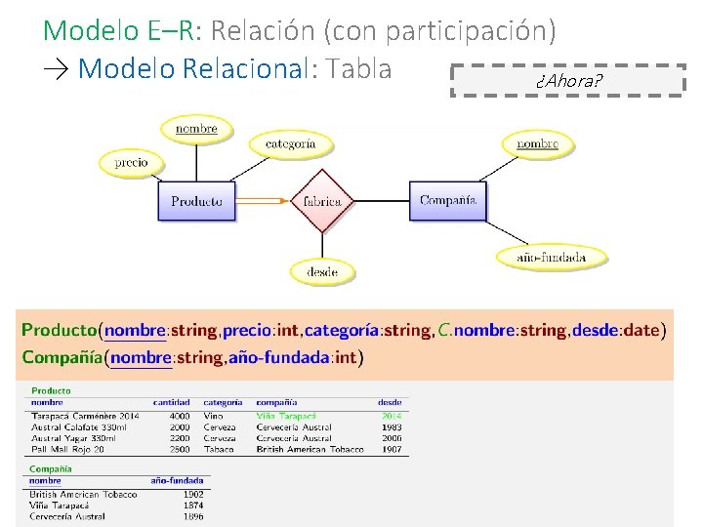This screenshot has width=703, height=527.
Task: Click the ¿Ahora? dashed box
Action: [x=568, y=80]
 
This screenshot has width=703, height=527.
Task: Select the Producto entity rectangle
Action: [x=197, y=201]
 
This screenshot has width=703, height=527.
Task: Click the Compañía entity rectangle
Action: [x=447, y=201]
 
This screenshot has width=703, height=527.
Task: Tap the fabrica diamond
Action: [x=322, y=201]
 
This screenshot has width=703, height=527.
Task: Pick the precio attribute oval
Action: [x=131, y=162]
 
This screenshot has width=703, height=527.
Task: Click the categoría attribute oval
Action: [x=291, y=143]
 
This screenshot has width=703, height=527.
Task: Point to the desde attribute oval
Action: [x=322, y=270]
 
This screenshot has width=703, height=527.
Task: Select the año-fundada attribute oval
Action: [x=551, y=258]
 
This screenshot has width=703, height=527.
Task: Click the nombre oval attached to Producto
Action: [x=196, y=129]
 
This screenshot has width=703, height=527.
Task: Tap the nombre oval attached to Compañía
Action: [x=537, y=144]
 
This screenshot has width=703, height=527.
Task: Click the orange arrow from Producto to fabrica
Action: [x=264, y=201]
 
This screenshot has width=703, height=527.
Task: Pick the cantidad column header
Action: [x=171, y=402]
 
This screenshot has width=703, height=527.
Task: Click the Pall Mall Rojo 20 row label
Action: [x=67, y=450]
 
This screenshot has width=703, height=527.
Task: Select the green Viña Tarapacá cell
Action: [x=279, y=416]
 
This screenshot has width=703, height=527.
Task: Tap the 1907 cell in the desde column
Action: [x=392, y=450]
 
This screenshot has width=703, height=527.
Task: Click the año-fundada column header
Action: [x=177, y=480]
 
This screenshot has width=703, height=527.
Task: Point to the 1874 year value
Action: [x=192, y=506]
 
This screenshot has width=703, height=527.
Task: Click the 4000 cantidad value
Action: [x=179, y=416]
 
